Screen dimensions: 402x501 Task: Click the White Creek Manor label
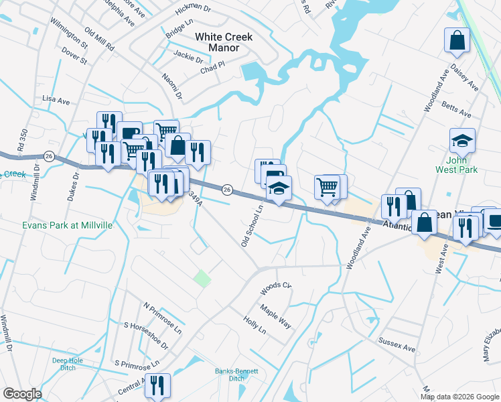coord(223,42)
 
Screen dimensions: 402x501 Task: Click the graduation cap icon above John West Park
coord(462,141)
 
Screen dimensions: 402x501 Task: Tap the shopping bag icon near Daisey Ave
coord(457,40)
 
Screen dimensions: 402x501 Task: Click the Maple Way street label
coord(276,316)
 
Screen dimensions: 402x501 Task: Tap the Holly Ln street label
coord(255,327)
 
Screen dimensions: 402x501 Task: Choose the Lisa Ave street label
coord(56,100)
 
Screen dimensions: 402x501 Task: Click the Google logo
coord(23,393)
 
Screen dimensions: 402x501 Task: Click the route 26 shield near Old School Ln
coord(227,190)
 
